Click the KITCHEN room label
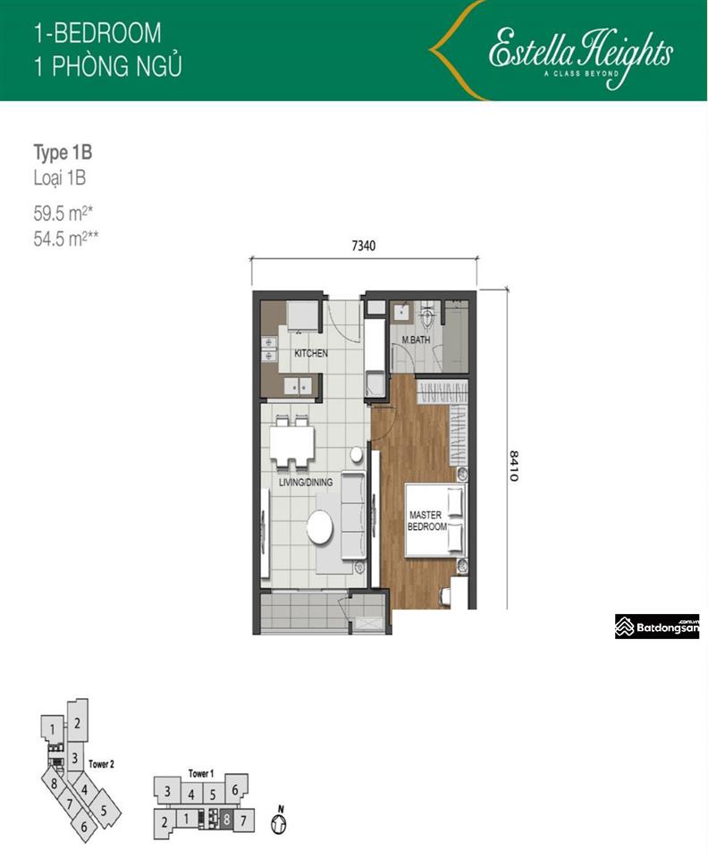311,354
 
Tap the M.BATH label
417,341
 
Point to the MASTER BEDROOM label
427,521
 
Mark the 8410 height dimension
514,466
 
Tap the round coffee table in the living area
319,526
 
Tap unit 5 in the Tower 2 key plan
104,811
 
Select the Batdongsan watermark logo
657,627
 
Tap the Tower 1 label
200,773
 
